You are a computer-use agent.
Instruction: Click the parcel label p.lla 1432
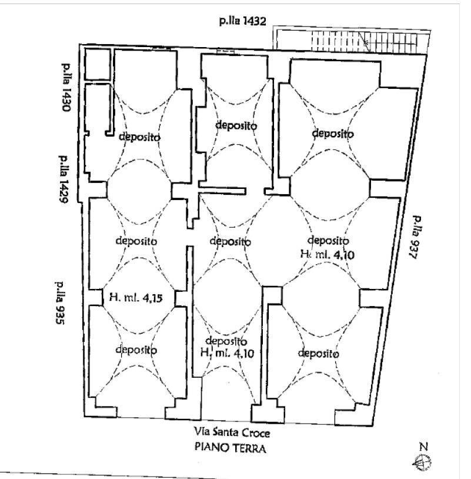[x=243, y=21]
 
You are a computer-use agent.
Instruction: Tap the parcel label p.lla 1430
[x=66, y=87]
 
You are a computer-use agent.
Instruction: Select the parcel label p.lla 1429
[x=63, y=179]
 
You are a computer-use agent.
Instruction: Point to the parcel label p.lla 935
[x=60, y=302]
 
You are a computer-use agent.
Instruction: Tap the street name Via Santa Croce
[x=232, y=433]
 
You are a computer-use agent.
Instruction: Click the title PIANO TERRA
[x=230, y=448]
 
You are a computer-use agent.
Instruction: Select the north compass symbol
[x=422, y=462]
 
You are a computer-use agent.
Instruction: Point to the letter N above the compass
[x=423, y=446]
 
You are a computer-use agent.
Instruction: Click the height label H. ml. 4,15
[x=136, y=297]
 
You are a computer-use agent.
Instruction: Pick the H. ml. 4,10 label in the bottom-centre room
[x=227, y=353]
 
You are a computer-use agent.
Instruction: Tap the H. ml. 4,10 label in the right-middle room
[x=328, y=254]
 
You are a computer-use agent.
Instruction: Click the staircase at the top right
[x=364, y=42]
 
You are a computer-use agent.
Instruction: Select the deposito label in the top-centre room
[x=236, y=125]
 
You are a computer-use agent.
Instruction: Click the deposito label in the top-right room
[x=333, y=133]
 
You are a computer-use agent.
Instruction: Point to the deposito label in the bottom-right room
[x=318, y=353]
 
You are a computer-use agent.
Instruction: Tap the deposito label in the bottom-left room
[x=136, y=350]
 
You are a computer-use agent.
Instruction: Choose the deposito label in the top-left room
[x=139, y=137]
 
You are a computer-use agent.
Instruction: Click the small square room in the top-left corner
[x=98, y=65]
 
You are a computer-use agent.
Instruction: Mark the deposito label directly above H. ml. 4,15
[x=136, y=241]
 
